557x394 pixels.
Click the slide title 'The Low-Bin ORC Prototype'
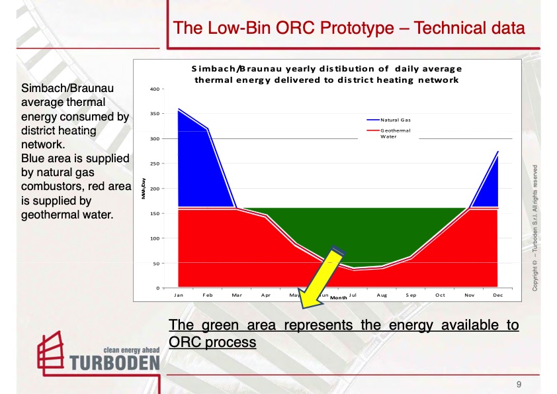point(349,28)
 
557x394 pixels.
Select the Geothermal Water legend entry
point(396,134)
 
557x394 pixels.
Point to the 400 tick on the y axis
point(153,89)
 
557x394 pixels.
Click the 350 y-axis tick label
point(153,114)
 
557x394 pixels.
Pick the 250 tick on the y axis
point(153,164)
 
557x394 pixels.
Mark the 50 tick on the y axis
point(155,264)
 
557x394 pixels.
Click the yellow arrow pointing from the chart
point(322,279)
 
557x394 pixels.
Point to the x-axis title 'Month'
point(339,298)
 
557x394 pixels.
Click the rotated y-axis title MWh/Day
point(142,189)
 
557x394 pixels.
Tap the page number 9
point(519,384)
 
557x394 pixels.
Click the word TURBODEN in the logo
point(114,362)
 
